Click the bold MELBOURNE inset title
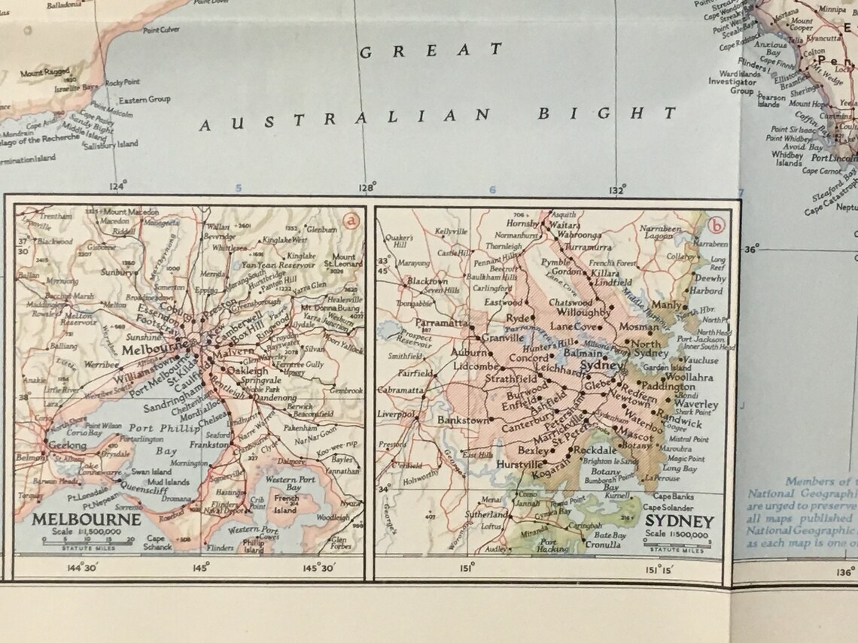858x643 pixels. pos(86,519)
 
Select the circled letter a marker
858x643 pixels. pos(349,220)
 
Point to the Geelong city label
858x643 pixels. pos(68,445)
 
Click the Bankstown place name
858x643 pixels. pos(464,421)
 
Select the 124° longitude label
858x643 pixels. pos(118,187)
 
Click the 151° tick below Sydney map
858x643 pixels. pos(466,568)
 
